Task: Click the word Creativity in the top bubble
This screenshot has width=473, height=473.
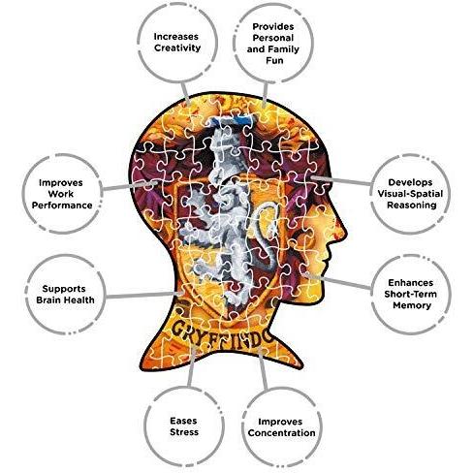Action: [x=177, y=47]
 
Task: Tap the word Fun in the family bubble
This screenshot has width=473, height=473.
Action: [x=274, y=60]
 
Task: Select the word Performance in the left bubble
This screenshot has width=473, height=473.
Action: [x=62, y=205]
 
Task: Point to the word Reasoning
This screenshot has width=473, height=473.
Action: [x=412, y=205]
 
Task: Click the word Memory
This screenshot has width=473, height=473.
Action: [x=412, y=305]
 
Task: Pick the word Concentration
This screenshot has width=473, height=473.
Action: [x=281, y=433]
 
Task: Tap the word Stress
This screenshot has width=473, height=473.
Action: [x=184, y=432]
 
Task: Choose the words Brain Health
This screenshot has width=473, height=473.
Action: [x=65, y=300]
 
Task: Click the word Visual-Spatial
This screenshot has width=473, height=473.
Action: [x=410, y=194]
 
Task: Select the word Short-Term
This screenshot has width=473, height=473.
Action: [x=410, y=294]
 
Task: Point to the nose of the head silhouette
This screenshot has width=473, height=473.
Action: [x=341, y=229]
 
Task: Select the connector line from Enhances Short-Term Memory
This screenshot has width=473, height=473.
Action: [x=337, y=281]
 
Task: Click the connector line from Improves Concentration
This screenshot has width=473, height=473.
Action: [x=263, y=369]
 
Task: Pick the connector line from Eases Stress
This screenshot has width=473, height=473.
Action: [x=191, y=366]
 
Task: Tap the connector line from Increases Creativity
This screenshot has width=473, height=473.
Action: [x=185, y=93]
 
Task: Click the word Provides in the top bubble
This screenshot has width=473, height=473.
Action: [x=273, y=26]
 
